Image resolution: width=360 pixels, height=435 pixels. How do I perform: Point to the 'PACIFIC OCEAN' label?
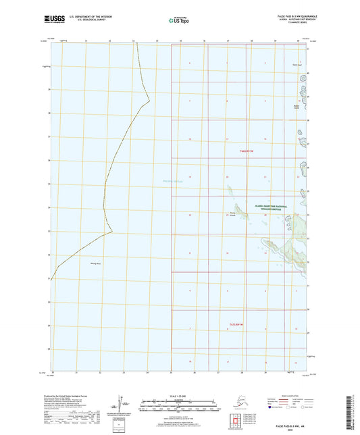173,181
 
